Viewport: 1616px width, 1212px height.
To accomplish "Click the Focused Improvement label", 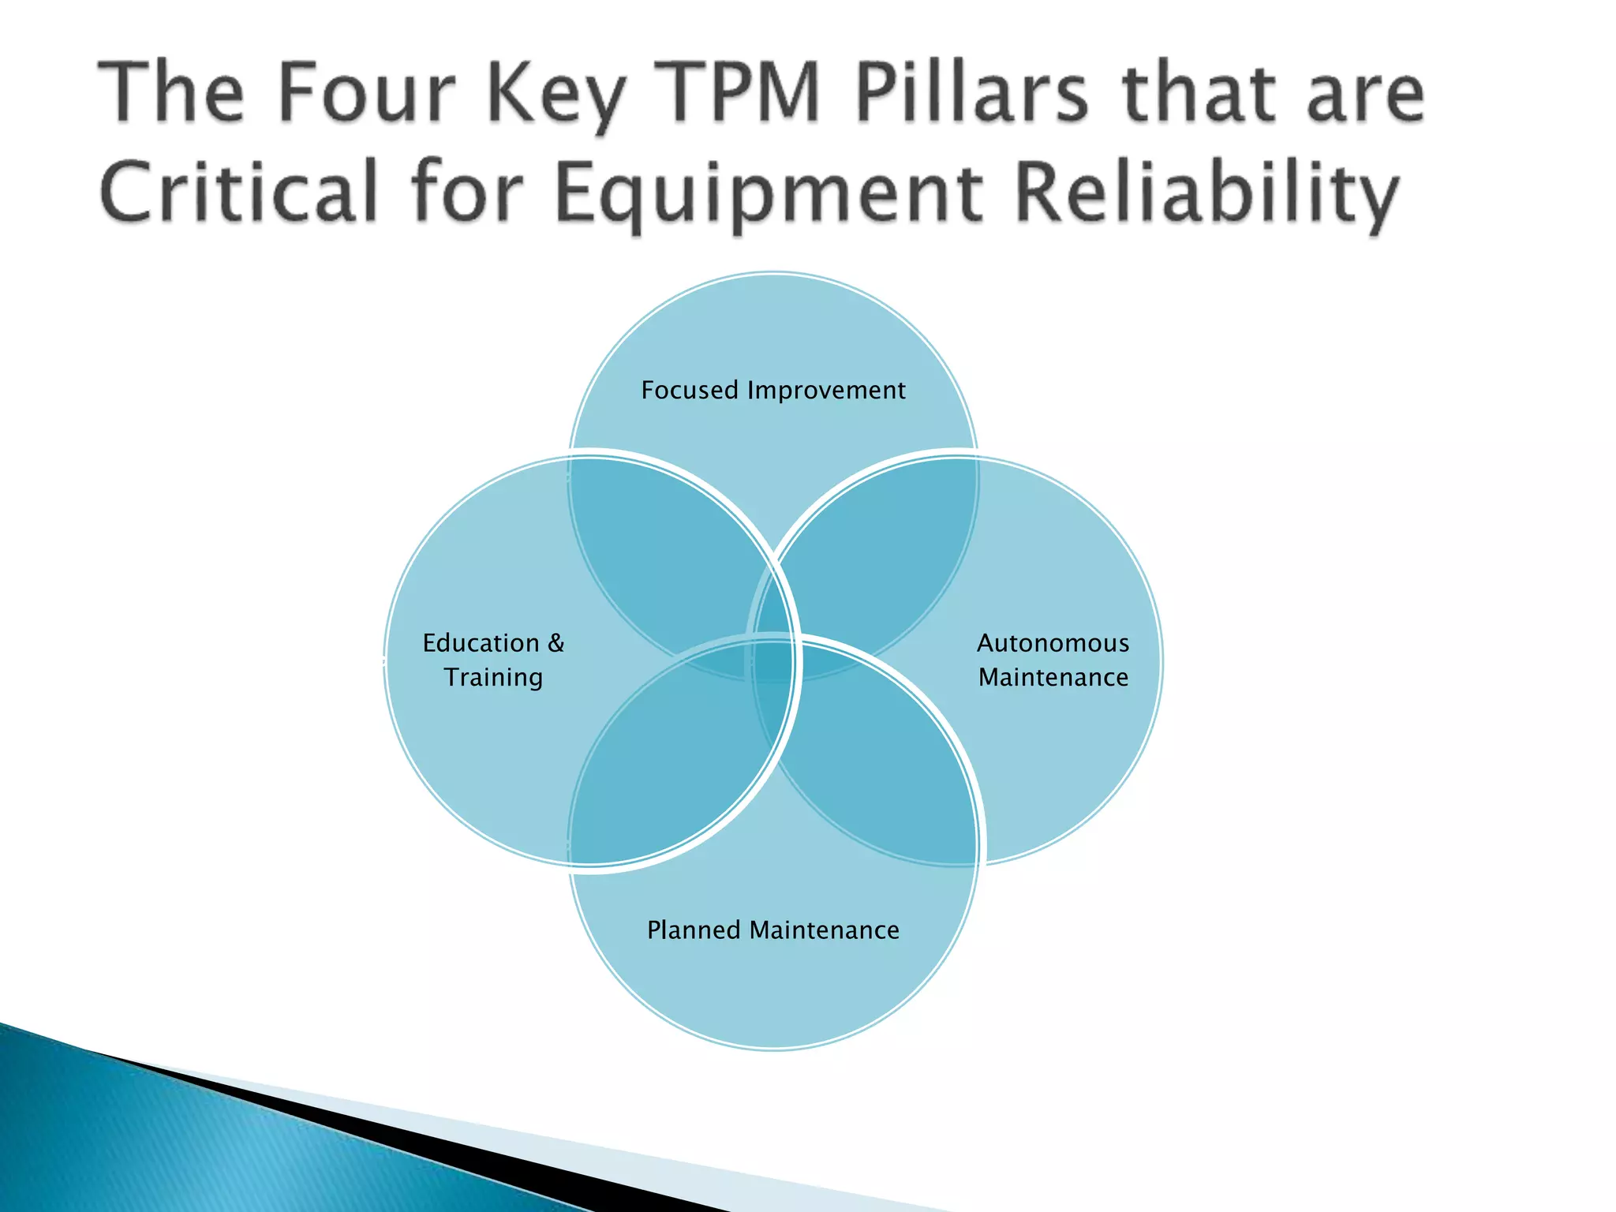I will tap(773, 390).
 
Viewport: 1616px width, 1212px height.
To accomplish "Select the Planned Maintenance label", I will tap(773, 930).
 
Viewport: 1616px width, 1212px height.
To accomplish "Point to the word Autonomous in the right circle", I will tap(1053, 643).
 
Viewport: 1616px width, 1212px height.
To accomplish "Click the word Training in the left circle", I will tap(493, 678).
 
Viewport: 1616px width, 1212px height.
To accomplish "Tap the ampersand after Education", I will tap(556, 643).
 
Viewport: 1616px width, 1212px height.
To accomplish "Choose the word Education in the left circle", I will tap(481, 643).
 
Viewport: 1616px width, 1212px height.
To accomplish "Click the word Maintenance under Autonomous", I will tap(1053, 677).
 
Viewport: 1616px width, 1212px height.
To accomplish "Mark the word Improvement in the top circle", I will tap(827, 390).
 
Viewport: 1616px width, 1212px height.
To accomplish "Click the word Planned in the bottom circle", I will tap(694, 930).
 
